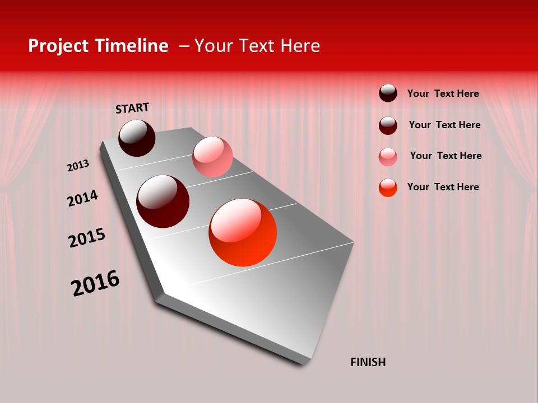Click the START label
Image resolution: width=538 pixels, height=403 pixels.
point(132,108)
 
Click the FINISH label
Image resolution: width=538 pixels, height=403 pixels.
point(368,362)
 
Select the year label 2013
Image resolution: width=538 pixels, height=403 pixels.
point(78,166)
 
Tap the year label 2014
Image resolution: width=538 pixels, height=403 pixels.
point(82,198)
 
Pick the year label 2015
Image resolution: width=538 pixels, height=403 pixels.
point(87,238)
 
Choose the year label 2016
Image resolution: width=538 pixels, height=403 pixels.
point(95,283)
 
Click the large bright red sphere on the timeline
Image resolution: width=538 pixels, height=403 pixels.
point(243,232)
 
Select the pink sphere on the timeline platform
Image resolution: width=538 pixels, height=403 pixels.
point(212,157)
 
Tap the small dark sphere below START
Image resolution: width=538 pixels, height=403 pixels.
point(137,138)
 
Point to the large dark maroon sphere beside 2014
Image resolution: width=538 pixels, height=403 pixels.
point(163,201)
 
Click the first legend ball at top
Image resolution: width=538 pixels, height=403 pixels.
point(388,93)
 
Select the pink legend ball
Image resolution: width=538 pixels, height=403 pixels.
point(388,157)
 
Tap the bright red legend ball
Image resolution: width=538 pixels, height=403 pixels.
point(388,188)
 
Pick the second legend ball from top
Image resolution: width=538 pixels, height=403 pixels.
point(388,125)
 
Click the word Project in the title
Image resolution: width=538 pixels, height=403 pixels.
point(59,46)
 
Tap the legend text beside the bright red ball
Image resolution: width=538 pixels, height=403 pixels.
point(443,187)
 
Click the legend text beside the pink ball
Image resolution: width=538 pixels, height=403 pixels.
point(446,156)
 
